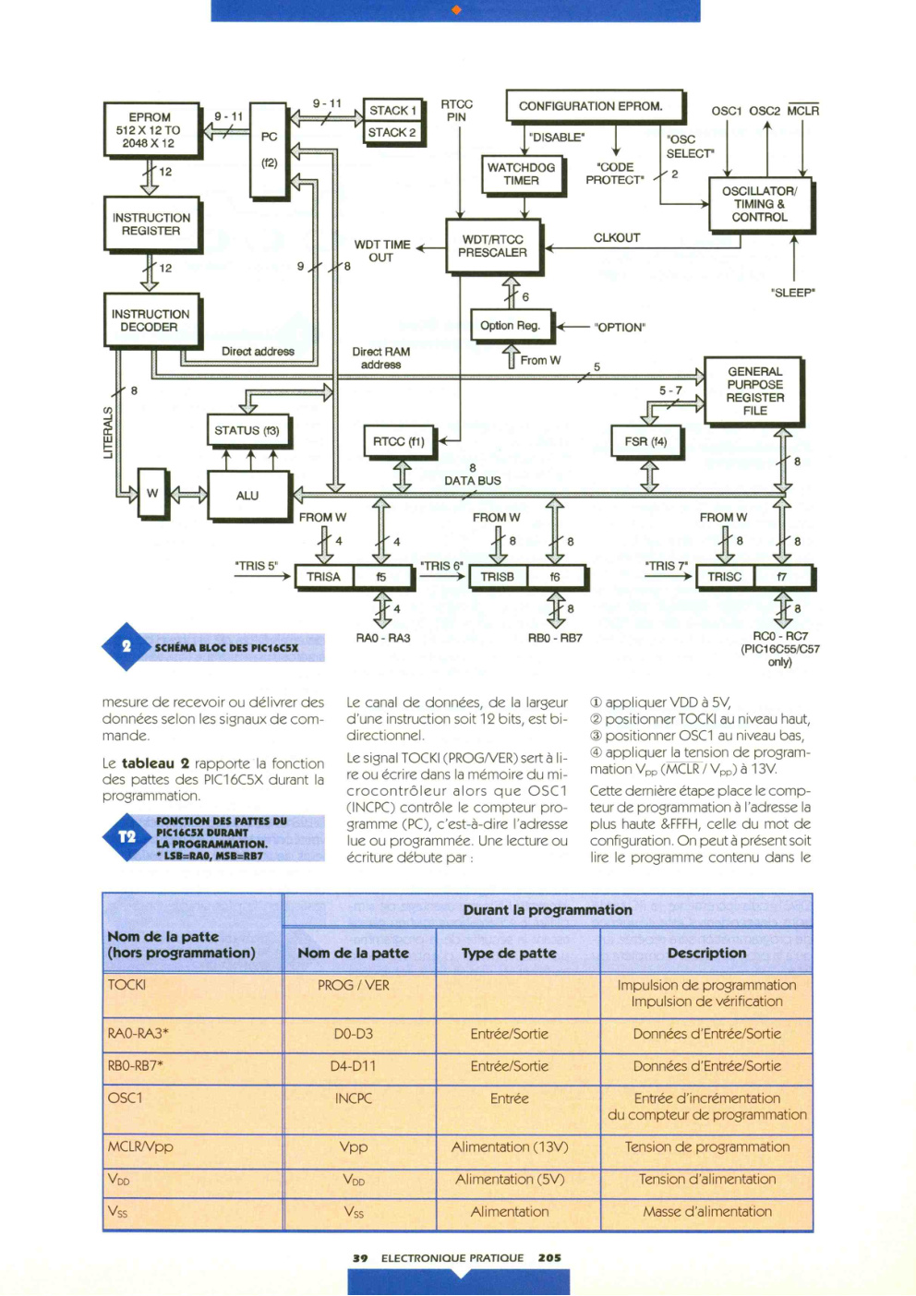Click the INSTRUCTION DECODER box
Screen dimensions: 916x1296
(x=152, y=320)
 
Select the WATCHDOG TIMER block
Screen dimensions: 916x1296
(x=522, y=174)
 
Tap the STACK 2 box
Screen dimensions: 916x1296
(x=393, y=133)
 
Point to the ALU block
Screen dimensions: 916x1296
(x=248, y=496)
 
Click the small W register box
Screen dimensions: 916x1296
(x=152, y=494)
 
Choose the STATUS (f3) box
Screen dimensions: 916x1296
(x=247, y=431)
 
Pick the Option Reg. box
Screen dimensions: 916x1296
(x=511, y=326)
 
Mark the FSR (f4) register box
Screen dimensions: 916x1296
(x=646, y=442)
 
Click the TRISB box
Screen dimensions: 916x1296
(x=498, y=577)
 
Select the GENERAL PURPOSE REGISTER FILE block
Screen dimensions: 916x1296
(x=753, y=391)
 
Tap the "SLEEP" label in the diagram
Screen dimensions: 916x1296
(x=793, y=293)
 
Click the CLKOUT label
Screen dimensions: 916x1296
(x=617, y=238)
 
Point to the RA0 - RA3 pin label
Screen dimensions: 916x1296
(x=383, y=638)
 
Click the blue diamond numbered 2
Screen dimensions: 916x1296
(x=127, y=647)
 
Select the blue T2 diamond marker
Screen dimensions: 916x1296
(x=127, y=836)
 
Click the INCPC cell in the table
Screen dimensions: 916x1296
(x=353, y=1098)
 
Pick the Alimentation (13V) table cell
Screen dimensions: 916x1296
(x=510, y=1146)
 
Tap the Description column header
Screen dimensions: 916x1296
(x=706, y=953)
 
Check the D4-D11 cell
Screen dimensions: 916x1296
(x=353, y=1066)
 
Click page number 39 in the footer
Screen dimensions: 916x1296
(x=360, y=1258)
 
